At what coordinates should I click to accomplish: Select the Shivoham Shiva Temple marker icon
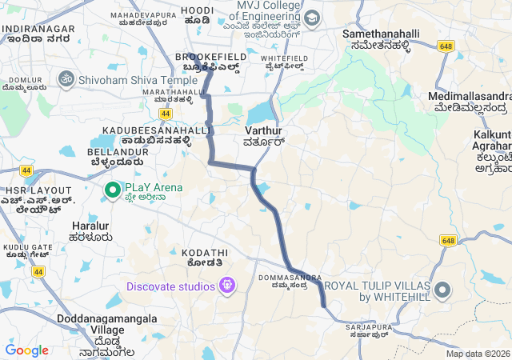point(66,79)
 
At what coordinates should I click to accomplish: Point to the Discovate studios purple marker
point(227,285)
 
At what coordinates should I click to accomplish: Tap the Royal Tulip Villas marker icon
point(442,290)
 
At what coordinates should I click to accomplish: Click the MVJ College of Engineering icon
point(311,18)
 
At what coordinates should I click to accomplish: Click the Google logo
point(26,350)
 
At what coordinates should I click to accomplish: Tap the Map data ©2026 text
point(478,354)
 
